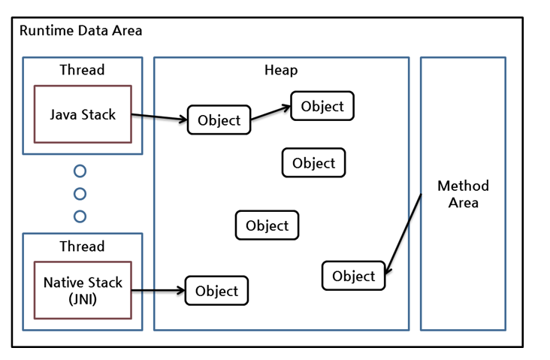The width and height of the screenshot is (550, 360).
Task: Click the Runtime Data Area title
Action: tap(80, 31)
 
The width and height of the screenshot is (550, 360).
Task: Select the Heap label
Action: tap(281, 70)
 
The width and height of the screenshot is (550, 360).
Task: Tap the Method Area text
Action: tap(463, 194)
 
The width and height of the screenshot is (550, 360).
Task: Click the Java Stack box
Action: tap(83, 114)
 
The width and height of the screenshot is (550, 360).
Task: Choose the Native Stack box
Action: tap(83, 290)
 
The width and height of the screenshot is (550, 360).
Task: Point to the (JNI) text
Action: tap(83, 298)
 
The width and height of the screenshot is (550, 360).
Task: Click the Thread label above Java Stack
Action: tap(82, 70)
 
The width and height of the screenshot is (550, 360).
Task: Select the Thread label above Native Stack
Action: tap(82, 246)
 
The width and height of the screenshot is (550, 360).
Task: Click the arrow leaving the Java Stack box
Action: tap(159, 117)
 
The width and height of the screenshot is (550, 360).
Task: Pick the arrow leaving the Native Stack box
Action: tap(159, 290)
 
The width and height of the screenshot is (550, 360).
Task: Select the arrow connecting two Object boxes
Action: tap(270, 112)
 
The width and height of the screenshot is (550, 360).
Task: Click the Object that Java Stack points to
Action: tap(219, 120)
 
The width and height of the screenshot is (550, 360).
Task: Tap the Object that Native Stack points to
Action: tap(216, 291)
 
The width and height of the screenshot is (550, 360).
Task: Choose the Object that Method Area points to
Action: tap(353, 276)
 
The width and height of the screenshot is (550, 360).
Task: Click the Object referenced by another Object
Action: tap(322, 106)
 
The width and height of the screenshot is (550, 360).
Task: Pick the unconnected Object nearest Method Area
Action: tap(313, 163)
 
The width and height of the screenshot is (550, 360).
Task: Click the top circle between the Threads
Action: tap(80, 171)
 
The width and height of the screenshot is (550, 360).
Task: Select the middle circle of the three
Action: tap(80, 194)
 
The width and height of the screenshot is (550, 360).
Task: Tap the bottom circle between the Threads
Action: tap(80, 216)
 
